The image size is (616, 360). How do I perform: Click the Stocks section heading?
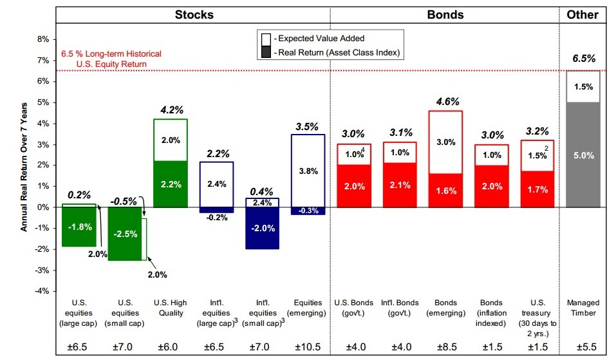[194, 14]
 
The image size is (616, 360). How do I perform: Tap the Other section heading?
[582, 14]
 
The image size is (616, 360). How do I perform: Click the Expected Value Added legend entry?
[315, 39]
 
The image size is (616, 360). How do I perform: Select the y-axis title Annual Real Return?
[23, 166]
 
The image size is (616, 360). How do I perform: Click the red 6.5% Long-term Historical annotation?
[111, 59]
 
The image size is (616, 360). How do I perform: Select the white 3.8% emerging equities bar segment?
[308, 171]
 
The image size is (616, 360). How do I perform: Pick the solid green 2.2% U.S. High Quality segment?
[170, 184]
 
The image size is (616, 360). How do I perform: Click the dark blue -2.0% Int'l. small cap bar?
[262, 228]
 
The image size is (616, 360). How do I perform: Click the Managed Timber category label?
[583, 308]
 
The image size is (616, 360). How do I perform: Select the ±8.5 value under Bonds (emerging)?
[445, 347]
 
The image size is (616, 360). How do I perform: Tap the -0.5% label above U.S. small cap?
[124, 201]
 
